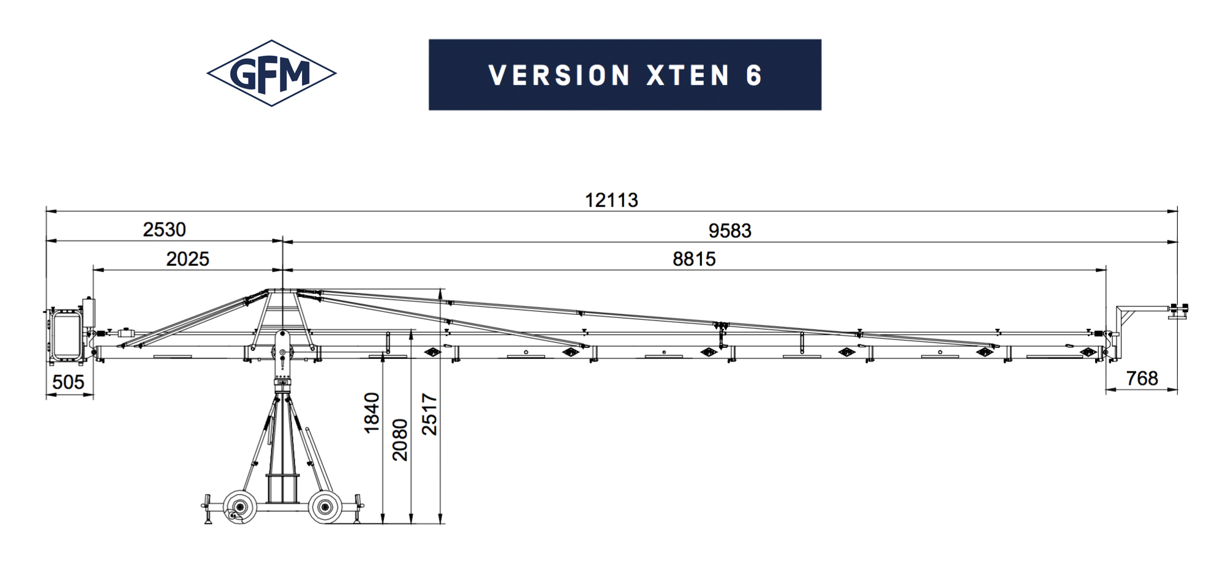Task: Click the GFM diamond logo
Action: tap(271, 74)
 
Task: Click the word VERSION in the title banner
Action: tap(560, 75)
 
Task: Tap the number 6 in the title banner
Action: tap(754, 75)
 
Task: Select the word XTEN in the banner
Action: tap(688, 75)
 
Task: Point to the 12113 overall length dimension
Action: tap(611, 200)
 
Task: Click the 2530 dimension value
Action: tap(164, 230)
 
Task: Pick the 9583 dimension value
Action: tap(729, 231)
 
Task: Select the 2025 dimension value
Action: tap(187, 259)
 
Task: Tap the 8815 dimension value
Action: tap(694, 259)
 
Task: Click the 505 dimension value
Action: tap(68, 382)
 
